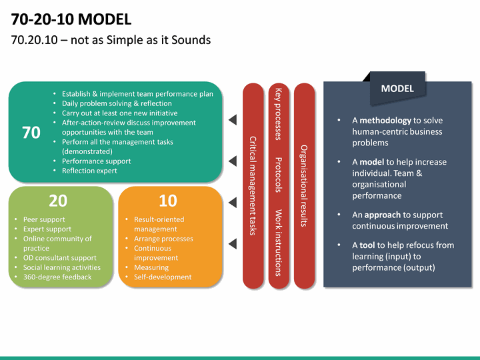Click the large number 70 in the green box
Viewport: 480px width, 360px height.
(31, 133)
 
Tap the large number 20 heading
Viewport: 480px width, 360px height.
(58, 201)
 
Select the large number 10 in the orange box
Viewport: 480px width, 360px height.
(167, 201)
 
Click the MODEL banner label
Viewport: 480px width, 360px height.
(397, 89)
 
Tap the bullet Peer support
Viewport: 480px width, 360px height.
(44, 219)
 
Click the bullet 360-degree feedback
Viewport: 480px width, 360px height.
(57, 277)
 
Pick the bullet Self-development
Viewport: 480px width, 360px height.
(163, 277)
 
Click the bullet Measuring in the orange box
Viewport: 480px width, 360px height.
(151, 267)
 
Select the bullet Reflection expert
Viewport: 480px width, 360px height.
(89, 171)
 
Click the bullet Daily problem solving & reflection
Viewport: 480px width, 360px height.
(117, 103)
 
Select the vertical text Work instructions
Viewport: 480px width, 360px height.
(278, 243)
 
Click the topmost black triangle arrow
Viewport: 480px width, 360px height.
(233, 120)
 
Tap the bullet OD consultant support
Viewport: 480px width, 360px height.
(60, 257)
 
